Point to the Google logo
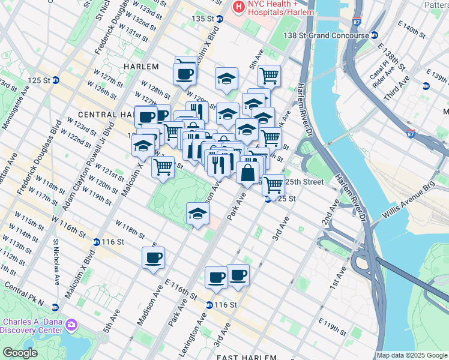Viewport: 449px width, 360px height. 19,353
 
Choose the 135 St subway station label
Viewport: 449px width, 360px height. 203,19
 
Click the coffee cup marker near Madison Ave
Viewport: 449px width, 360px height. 153,258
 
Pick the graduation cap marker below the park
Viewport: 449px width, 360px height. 197,214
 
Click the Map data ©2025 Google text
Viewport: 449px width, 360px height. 412,355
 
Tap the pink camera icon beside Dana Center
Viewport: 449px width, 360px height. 72,325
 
